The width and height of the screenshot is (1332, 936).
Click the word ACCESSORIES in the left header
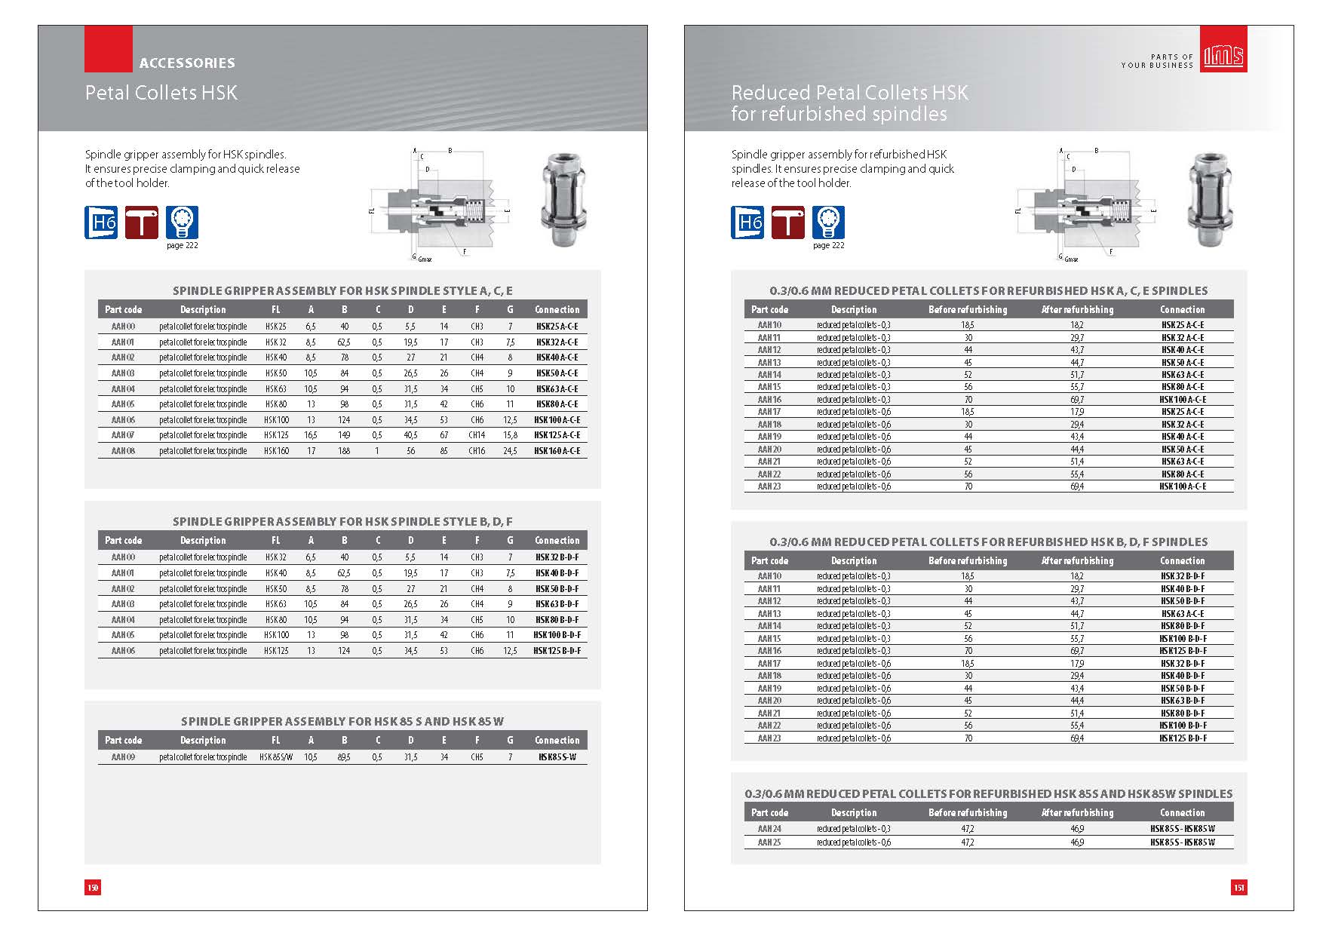[187, 63]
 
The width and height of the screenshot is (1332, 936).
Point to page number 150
[93, 888]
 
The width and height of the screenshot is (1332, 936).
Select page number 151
[1238, 888]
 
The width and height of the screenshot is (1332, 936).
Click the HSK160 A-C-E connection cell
[557, 451]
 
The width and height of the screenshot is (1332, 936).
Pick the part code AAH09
[123, 757]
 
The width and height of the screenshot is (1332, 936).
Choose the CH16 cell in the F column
[477, 451]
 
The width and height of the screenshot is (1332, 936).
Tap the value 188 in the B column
[344, 451]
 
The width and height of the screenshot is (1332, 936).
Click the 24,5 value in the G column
[510, 451]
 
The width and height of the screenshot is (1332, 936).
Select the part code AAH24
[769, 829]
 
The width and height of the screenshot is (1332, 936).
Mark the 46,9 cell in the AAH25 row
[1077, 842]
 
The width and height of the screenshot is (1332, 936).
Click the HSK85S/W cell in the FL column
[276, 757]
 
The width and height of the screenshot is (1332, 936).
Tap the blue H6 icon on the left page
[101, 222]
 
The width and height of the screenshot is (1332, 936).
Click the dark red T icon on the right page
[787, 222]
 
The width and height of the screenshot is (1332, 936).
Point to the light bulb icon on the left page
[182, 222]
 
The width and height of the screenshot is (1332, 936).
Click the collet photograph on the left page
[560, 201]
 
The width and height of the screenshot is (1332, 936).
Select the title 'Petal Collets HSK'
[161, 94]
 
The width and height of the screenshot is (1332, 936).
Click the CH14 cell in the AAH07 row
[477, 435]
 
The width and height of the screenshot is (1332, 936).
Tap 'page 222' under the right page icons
[828, 246]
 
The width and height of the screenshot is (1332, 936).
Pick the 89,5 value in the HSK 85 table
[344, 757]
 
